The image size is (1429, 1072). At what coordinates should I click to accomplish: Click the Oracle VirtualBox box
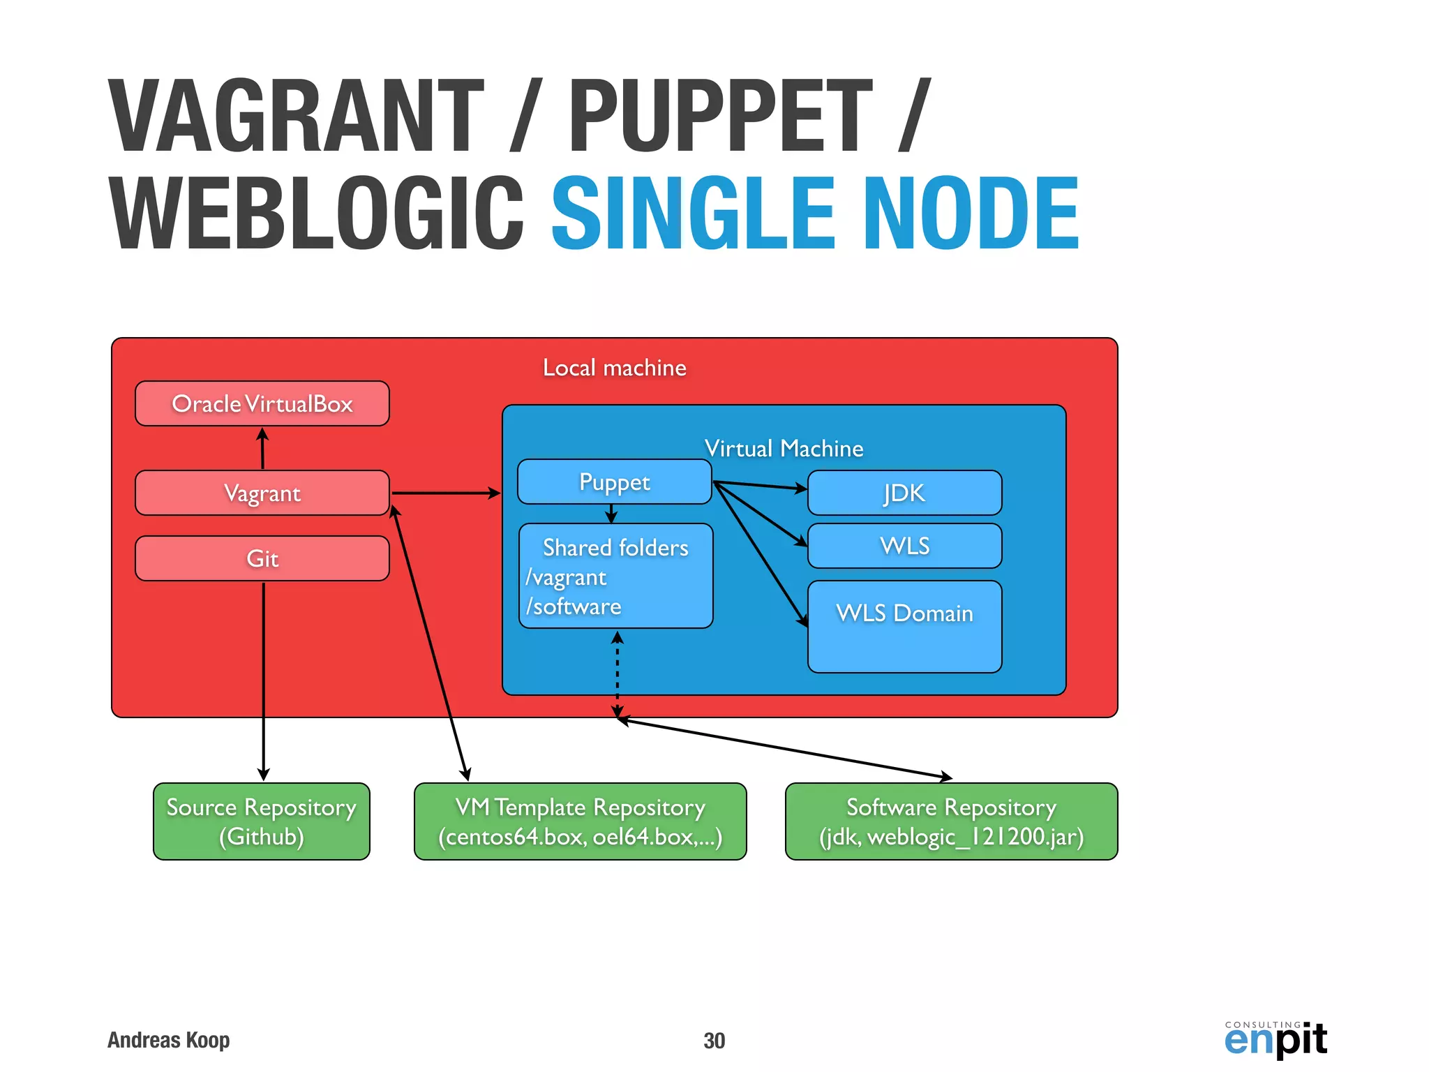(262, 403)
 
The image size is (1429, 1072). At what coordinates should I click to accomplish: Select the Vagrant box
(262, 493)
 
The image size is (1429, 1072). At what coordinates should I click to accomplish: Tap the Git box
(262, 558)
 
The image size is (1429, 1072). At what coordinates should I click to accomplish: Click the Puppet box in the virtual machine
(614, 482)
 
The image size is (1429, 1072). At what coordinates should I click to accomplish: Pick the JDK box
(904, 493)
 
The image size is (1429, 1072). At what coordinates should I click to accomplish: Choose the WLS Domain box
(904, 626)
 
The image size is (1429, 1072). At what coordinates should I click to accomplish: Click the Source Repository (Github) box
(261, 821)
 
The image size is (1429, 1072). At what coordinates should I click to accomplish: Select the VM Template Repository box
(580, 821)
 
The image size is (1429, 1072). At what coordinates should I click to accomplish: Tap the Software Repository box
(951, 821)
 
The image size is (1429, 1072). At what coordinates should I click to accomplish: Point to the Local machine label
(614, 368)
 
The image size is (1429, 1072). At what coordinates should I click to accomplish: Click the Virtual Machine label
(784, 448)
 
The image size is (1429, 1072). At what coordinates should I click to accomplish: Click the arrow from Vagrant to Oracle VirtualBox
(262, 448)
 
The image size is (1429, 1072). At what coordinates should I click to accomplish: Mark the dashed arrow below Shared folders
(618, 673)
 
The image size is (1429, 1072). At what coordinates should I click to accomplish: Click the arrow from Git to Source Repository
(264, 680)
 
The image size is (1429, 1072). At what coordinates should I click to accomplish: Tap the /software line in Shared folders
(574, 606)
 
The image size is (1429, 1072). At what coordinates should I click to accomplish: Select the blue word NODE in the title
(971, 214)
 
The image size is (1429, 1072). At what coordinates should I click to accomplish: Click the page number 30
(714, 1041)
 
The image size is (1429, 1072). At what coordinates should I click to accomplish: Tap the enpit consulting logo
(1275, 1038)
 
